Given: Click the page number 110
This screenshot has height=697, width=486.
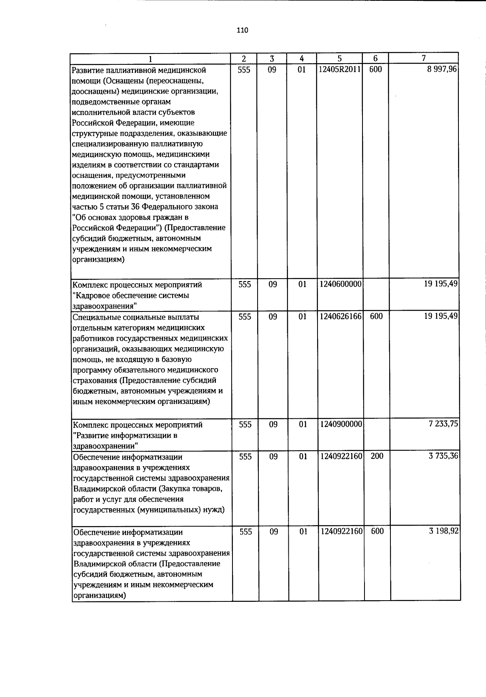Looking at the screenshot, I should point(242,30).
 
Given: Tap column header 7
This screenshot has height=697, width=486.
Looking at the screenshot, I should point(424,58).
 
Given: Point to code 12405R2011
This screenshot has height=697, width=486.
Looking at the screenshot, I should point(339,70).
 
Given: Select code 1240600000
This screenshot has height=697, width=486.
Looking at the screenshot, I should point(340,284).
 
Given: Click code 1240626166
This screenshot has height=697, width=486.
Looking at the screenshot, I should point(340,316).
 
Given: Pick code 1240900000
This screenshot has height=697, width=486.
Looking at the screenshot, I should point(341,424).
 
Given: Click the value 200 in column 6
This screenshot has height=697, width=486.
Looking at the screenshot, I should point(377,456).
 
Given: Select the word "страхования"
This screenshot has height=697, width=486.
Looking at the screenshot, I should point(95,381).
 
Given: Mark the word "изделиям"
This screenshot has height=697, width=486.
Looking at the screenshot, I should point(86,165).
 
